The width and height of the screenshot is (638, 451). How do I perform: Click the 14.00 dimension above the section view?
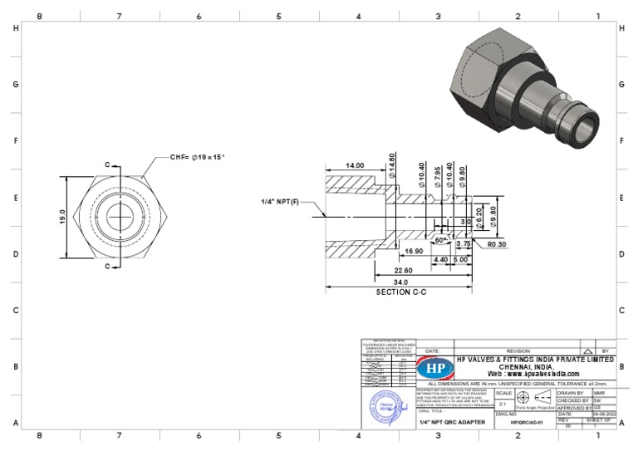(355, 166)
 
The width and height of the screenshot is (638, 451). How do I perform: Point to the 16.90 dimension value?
(414, 251)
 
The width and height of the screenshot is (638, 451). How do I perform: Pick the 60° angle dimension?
(441, 239)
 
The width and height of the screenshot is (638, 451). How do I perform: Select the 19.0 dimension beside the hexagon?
(62, 215)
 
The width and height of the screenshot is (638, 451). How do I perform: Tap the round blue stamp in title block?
(386, 406)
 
